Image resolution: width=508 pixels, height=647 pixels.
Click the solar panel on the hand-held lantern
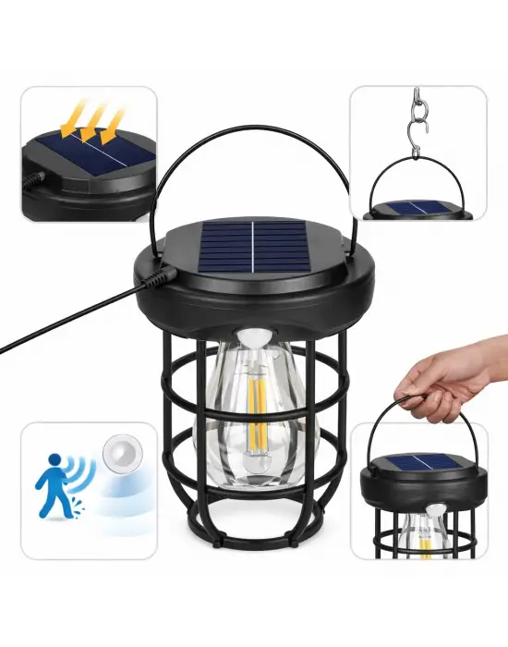(x=419, y=463)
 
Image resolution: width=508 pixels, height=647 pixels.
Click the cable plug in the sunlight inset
(x=37, y=172)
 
